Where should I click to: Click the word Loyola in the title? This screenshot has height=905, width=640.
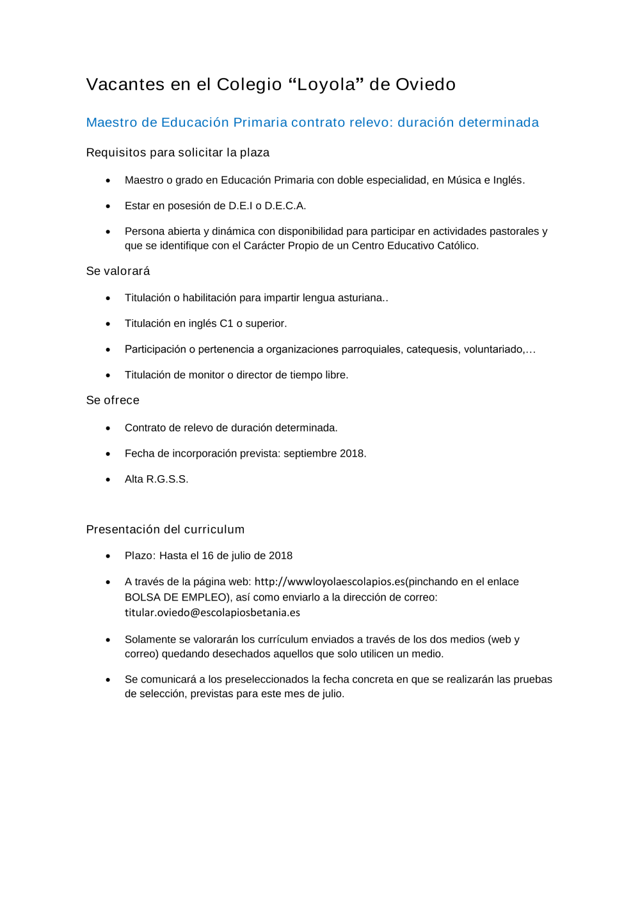pyautogui.click(x=326, y=84)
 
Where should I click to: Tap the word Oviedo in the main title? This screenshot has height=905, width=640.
pyautogui.click(x=425, y=84)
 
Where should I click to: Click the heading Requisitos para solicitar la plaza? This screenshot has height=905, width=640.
pyautogui.click(x=178, y=152)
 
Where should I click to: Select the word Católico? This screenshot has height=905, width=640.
pyautogui.click(x=458, y=246)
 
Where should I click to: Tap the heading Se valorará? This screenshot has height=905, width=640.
pyautogui.click(x=118, y=271)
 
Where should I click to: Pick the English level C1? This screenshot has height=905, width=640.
pyautogui.click(x=227, y=324)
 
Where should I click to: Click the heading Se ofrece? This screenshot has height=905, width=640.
pyautogui.click(x=113, y=400)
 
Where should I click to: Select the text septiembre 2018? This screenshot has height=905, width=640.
pyautogui.click(x=324, y=453)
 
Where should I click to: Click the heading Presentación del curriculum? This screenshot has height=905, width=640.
pyautogui.click(x=165, y=530)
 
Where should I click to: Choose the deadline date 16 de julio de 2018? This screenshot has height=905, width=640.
pyautogui.click(x=247, y=556)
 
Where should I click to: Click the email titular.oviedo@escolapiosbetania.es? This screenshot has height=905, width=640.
pyautogui.click(x=212, y=613)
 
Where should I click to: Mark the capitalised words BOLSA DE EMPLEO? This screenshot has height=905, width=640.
pyautogui.click(x=177, y=597)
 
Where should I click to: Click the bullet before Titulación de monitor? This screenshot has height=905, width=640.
pyautogui.click(x=108, y=375)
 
